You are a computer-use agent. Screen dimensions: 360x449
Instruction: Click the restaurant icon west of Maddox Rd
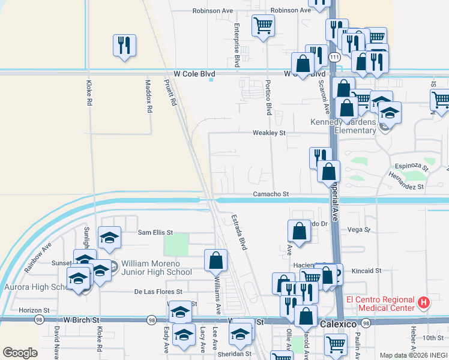click(124, 45)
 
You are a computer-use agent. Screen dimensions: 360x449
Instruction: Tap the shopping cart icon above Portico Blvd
click(263, 26)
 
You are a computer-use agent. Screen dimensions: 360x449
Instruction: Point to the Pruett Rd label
click(173, 94)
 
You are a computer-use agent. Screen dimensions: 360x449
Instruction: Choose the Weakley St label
click(270, 133)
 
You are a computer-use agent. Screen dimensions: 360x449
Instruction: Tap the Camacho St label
click(271, 194)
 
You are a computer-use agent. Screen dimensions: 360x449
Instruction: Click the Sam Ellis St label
click(155, 232)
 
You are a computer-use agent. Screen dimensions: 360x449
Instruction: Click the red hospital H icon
click(424, 303)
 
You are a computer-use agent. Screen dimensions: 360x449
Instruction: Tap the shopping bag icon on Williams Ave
click(215, 260)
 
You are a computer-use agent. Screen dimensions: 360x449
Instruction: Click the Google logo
click(20, 353)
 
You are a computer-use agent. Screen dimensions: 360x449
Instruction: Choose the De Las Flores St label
click(157, 292)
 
